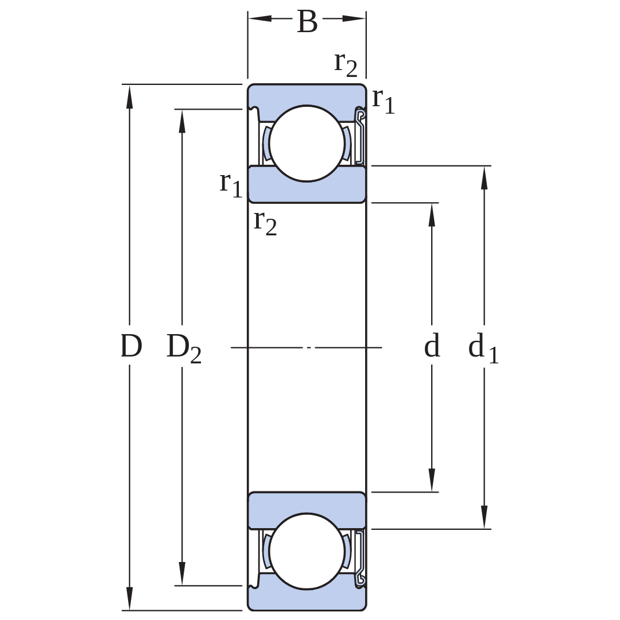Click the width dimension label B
pos(307,22)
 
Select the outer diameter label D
pos(131,346)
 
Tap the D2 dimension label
pos(184,348)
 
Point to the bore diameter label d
pos(432,345)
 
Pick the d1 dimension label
pos(483,347)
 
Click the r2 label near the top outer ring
pos(346,65)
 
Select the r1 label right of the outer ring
pos(383,101)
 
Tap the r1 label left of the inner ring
pos(231,185)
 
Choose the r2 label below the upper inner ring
pos(265,223)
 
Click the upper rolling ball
pos(307,144)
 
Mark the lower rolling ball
pos(307,551)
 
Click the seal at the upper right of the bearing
pos(360,136)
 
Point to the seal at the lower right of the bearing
pos(360,559)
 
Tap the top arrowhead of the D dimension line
pos(129,96)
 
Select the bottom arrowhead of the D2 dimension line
pos(182,573)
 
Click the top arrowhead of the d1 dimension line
pos(485,178)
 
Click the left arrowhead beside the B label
pos(260,18)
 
